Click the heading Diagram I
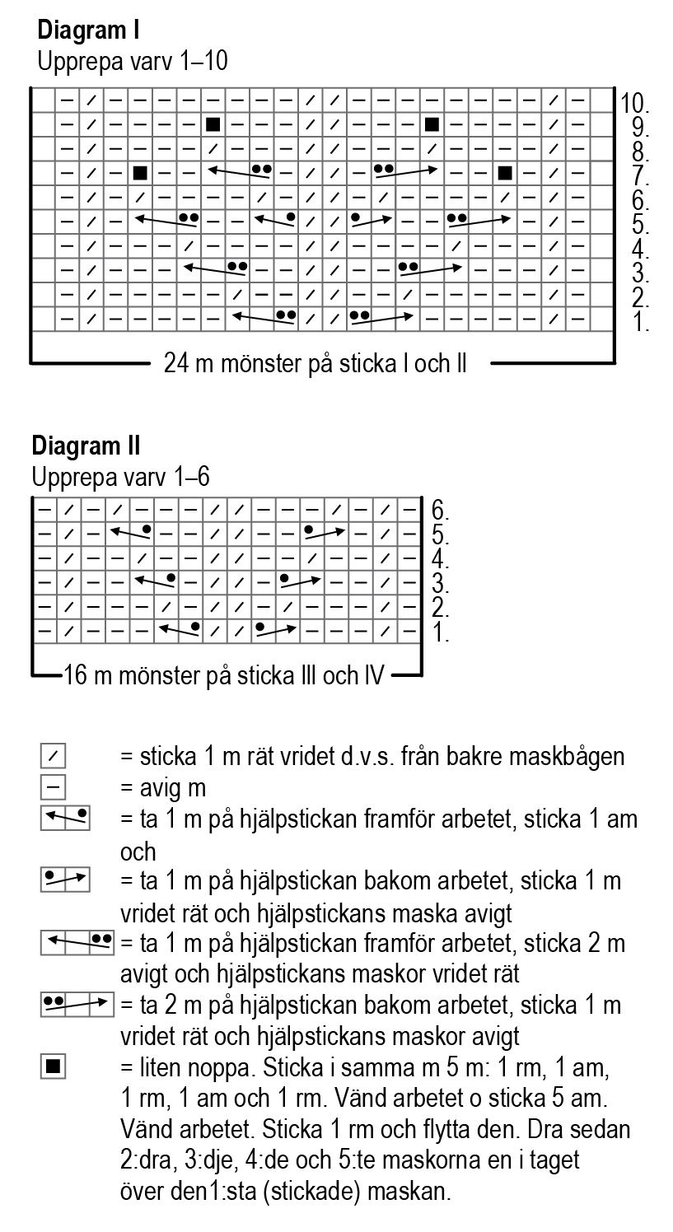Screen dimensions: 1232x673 (88, 31)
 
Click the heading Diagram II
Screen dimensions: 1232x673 (86, 446)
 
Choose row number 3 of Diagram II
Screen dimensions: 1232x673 (440, 586)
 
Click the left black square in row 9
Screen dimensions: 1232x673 (213, 124)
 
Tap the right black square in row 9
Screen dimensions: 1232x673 (431, 124)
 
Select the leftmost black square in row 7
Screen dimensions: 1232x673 (140, 173)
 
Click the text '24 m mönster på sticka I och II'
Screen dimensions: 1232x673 (315, 363)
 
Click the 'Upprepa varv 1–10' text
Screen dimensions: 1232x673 (132, 61)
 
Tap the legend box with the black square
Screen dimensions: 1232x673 (52, 1068)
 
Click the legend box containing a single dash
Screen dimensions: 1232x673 (52, 786)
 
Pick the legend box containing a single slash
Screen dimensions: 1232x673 (52, 755)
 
